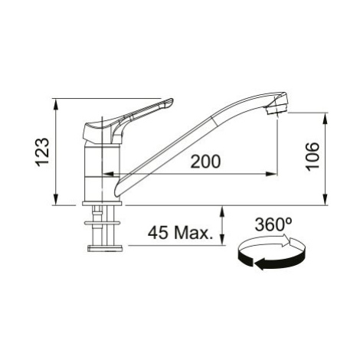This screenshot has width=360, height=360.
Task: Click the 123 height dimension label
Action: [42, 152]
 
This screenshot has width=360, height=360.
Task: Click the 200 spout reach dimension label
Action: [205, 162]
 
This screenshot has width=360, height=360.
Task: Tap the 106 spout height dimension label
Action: [313, 156]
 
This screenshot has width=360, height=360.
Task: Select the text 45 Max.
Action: [181, 232]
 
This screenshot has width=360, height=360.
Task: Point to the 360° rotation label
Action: [273, 224]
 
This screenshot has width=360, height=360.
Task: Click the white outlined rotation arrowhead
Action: [286, 241]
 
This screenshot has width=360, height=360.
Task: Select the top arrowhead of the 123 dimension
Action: [56, 105]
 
